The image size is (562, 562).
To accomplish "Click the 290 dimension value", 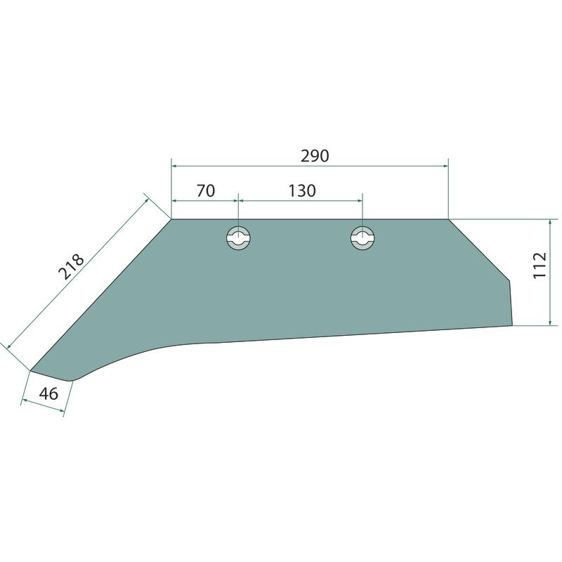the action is [x=314, y=156].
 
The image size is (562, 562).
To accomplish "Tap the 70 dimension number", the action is [x=206, y=190].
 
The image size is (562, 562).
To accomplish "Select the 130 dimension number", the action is [x=302, y=190].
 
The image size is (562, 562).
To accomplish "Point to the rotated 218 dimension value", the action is [x=71, y=266].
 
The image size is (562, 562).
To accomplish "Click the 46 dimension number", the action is [x=48, y=393].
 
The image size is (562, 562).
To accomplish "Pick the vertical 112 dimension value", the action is [x=540, y=266].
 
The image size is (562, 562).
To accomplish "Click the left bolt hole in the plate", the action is [x=238, y=237].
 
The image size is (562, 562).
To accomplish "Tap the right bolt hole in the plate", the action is [x=362, y=237].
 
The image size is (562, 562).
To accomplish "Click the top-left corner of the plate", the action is [x=171, y=219].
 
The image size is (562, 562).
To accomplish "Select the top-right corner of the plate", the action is [x=448, y=219].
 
